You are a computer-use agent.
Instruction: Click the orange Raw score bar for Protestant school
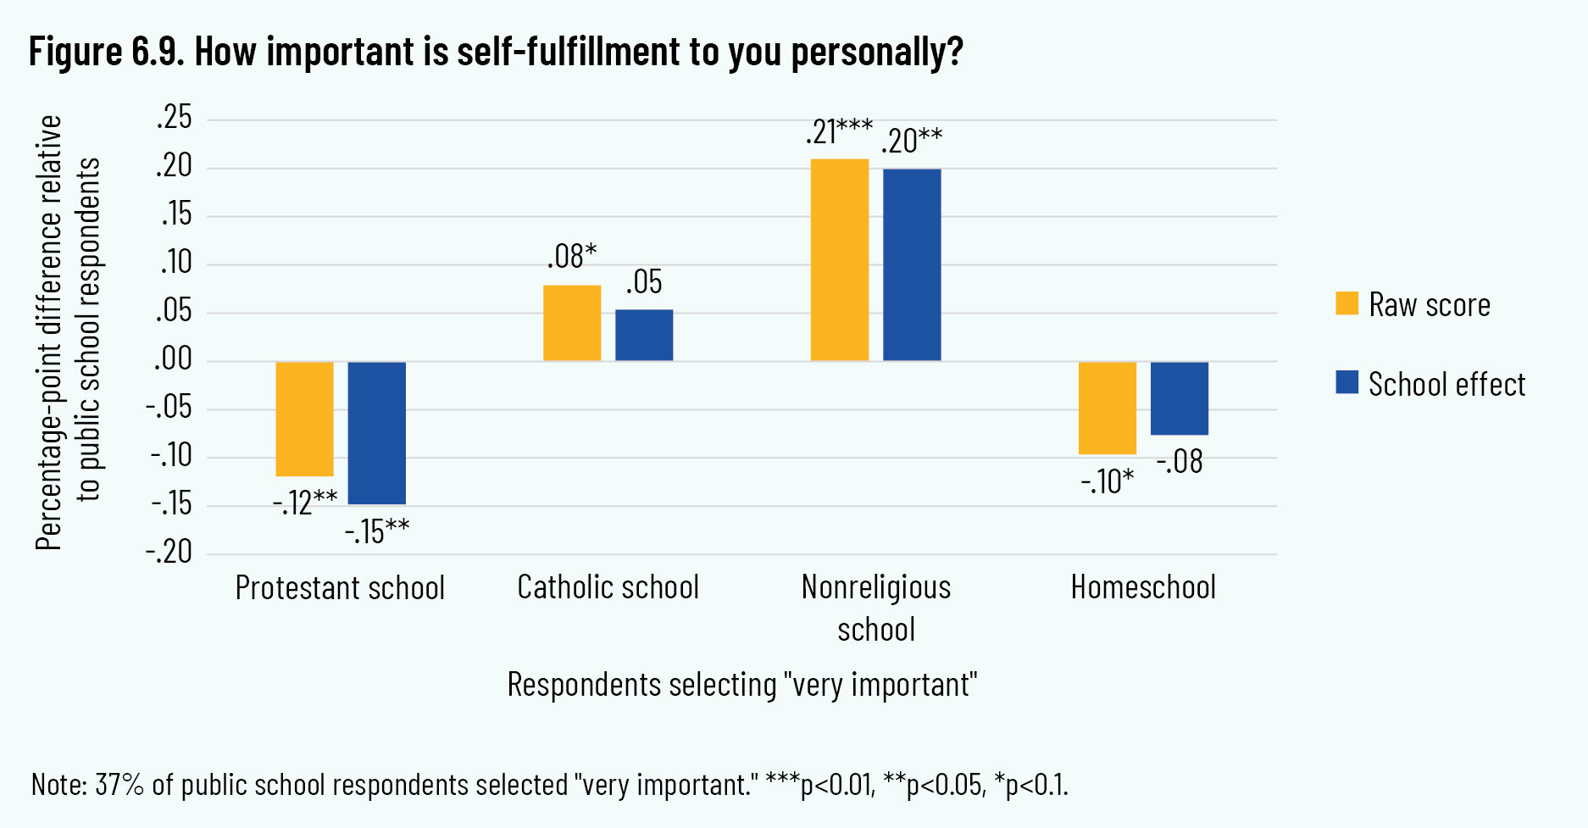(305, 419)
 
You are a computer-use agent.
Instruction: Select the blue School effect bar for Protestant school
(377, 432)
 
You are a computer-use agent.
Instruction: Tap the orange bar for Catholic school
(572, 323)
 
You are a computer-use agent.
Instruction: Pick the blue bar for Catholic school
(644, 336)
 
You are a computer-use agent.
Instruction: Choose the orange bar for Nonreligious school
(840, 260)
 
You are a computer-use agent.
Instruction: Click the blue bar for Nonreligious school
(912, 265)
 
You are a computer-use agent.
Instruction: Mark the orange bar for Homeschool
(1108, 408)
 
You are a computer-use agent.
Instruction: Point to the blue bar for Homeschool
(1180, 398)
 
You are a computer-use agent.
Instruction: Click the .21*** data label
(839, 132)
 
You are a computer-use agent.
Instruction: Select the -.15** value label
(377, 531)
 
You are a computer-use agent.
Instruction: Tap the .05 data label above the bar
(644, 282)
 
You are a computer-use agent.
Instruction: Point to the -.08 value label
(1180, 462)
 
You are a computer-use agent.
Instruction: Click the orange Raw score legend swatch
(1347, 303)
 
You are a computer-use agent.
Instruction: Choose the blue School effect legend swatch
(1347, 382)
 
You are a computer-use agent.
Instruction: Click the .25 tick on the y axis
(175, 119)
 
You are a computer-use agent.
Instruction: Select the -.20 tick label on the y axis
(169, 553)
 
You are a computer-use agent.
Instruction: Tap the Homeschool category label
(1143, 587)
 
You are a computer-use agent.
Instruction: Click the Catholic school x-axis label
(608, 587)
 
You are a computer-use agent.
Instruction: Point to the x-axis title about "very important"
(742, 685)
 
